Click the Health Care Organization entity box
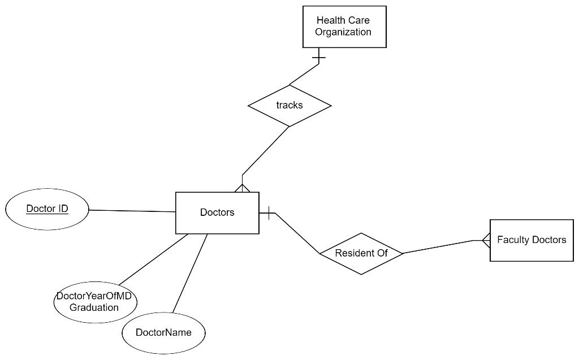coord(344,27)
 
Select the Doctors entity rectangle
coord(217,212)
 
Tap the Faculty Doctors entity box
coord(531,240)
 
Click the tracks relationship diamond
coord(289,105)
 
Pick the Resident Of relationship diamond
coord(361,253)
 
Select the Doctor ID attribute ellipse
coord(47,209)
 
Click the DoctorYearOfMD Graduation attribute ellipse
coord(95,302)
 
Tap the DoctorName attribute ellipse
coord(163,332)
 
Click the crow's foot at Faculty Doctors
coord(485,241)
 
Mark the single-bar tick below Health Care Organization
coord(319,57)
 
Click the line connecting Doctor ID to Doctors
coord(132,211)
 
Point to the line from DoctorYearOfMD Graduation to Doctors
coord(153,259)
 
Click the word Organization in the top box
coord(343,32)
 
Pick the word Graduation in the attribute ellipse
coord(94,307)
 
